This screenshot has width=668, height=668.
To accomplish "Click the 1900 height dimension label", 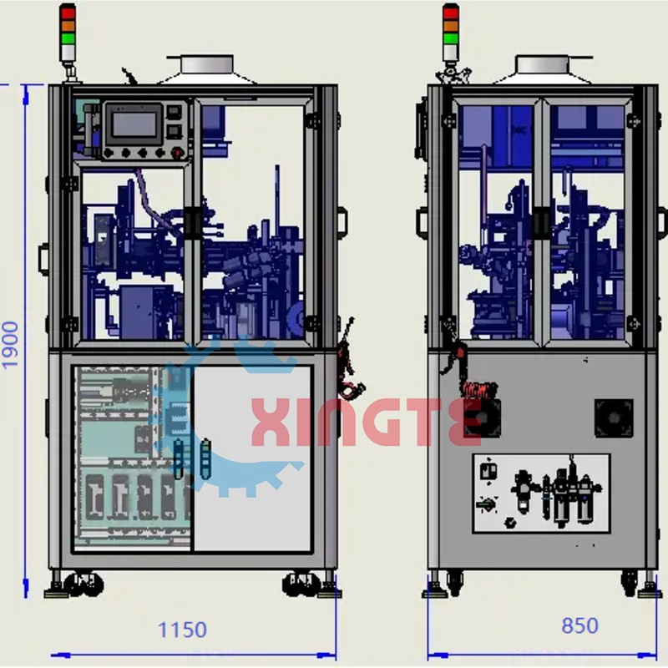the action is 10,344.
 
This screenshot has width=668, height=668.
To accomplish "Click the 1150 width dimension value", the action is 182,630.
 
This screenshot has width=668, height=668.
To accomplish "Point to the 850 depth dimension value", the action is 579,625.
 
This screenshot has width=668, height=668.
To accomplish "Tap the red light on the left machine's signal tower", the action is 68,13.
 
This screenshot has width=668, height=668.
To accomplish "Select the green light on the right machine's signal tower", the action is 451,38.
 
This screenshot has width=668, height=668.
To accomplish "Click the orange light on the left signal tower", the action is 68,26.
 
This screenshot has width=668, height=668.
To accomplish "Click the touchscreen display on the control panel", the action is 134,124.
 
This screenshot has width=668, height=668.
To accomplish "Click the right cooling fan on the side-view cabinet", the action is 614,418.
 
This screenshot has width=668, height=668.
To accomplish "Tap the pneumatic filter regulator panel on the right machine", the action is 541,493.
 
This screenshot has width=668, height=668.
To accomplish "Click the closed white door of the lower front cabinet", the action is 253,458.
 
